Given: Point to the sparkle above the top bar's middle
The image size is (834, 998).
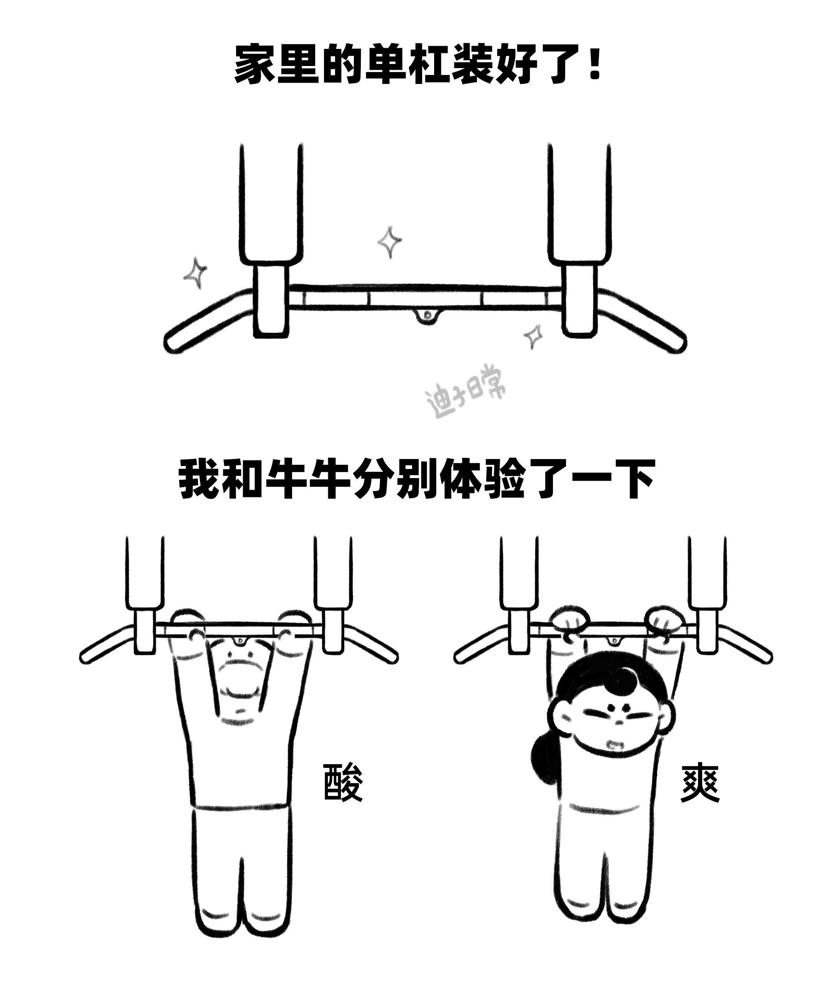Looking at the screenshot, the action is coord(390,242).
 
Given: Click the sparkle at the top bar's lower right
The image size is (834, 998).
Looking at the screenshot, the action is coord(533,336).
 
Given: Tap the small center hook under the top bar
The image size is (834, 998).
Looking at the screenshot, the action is coord(427,316).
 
